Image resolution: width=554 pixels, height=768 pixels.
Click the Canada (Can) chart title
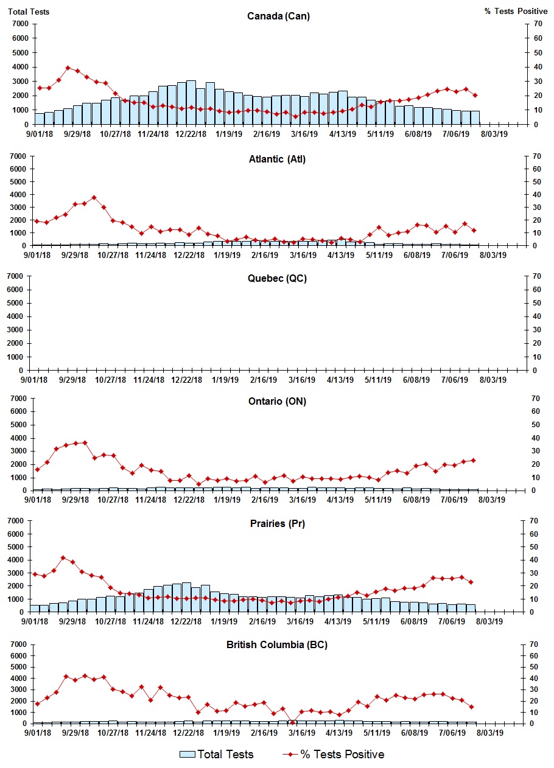tap(278, 16)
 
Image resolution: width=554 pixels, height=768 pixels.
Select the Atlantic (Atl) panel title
tap(277, 159)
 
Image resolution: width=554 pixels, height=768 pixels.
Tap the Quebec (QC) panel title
tap(277, 279)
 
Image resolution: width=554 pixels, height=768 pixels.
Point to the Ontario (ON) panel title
tap(277, 402)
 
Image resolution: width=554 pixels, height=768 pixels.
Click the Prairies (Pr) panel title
tap(277, 524)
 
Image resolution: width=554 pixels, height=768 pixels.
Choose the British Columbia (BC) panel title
tap(277, 644)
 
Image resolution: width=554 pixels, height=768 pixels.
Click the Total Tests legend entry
tap(217, 755)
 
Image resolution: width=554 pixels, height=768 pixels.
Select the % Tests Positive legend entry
tap(334, 755)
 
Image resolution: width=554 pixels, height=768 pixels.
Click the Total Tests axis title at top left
tap(29, 12)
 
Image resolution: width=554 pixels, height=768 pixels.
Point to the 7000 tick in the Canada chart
tap(20, 24)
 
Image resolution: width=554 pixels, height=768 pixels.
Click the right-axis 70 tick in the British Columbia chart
tap(536, 644)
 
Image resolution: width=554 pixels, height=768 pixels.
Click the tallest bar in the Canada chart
tap(191, 102)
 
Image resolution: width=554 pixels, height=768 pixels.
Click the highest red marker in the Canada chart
tap(68, 68)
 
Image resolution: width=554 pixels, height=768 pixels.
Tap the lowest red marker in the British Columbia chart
tap(292, 722)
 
